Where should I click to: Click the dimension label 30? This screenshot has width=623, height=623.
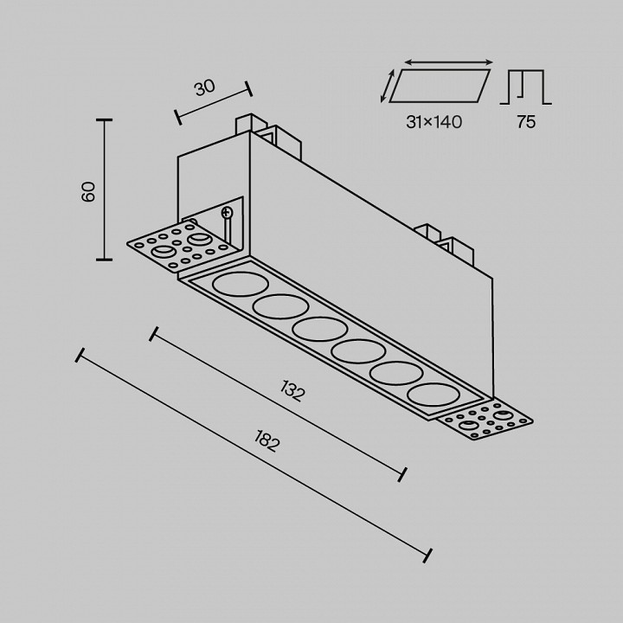[204, 88]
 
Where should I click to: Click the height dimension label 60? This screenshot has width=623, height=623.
[88, 192]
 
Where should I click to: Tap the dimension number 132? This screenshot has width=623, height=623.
[292, 391]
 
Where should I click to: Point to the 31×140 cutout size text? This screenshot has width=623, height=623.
[434, 122]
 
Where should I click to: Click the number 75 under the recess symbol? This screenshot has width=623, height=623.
[525, 122]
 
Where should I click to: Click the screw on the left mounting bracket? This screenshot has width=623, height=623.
[228, 213]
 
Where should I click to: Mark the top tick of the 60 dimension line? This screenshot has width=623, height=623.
[106, 120]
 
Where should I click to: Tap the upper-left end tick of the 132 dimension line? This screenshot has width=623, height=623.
[155, 333]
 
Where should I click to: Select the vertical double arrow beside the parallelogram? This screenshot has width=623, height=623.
[385, 87]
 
